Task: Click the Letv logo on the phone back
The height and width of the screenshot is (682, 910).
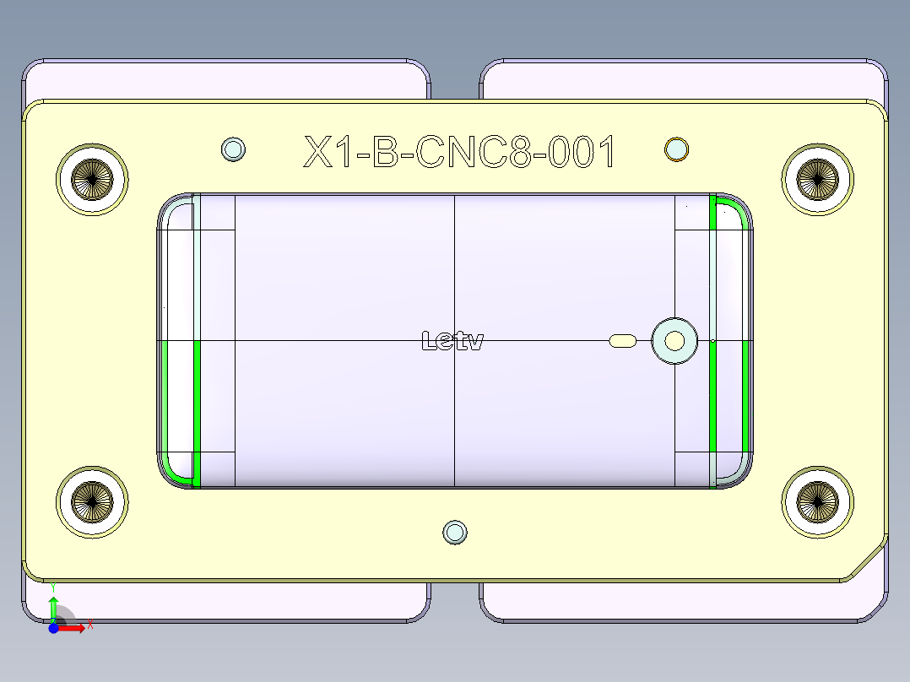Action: tap(452, 341)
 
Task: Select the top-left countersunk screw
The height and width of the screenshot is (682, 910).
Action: tap(92, 178)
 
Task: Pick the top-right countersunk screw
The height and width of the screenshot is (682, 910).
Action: tap(817, 178)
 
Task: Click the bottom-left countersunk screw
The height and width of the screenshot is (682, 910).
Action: tap(92, 502)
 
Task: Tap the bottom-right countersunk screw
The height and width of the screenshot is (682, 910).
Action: tap(817, 502)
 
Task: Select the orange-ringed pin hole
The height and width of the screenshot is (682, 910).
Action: tap(676, 149)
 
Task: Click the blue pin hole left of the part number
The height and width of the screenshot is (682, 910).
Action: tap(233, 149)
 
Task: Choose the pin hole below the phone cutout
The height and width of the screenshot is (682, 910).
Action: tap(455, 532)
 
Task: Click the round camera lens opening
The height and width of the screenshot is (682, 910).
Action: tap(674, 340)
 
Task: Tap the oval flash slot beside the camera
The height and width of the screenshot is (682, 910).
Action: tap(624, 340)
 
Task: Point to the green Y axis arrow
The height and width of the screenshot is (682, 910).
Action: tap(53, 607)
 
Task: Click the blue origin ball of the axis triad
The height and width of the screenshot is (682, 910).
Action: tap(53, 627)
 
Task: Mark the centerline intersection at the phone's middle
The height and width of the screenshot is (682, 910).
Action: tap(455, 340)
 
